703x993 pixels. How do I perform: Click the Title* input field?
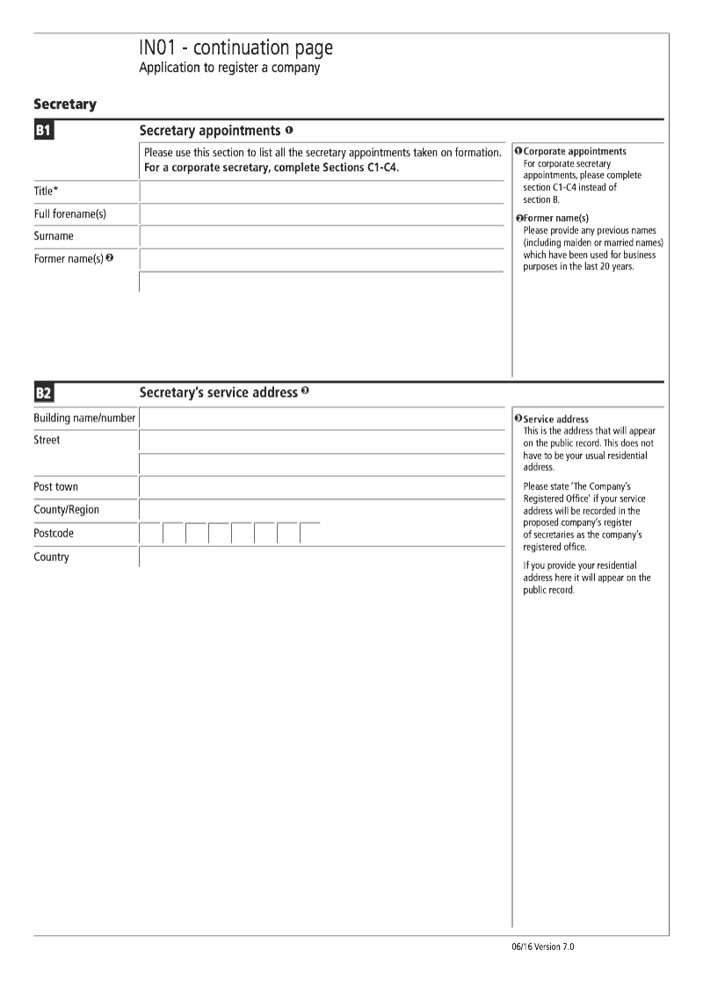(322, 191)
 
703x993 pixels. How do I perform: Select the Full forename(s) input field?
(322, 214)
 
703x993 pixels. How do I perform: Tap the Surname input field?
(322, 237)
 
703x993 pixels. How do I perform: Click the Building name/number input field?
(322, 419)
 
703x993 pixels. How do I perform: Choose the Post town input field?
(322, 487)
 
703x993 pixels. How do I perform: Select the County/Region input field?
(322, 510)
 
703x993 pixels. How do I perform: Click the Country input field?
(322, 558)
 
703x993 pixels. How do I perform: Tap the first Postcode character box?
(150, 534)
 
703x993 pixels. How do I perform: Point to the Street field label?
(47, 440)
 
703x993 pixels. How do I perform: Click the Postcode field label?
(54, 533)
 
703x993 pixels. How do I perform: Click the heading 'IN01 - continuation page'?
(236, 48)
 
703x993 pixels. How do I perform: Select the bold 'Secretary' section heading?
(65, 104)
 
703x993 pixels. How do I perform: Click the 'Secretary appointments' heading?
(209, 131)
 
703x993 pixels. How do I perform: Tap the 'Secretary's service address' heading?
(218, 392)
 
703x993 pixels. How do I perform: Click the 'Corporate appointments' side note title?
(575, 152)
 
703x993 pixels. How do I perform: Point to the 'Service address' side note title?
(555, 420)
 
